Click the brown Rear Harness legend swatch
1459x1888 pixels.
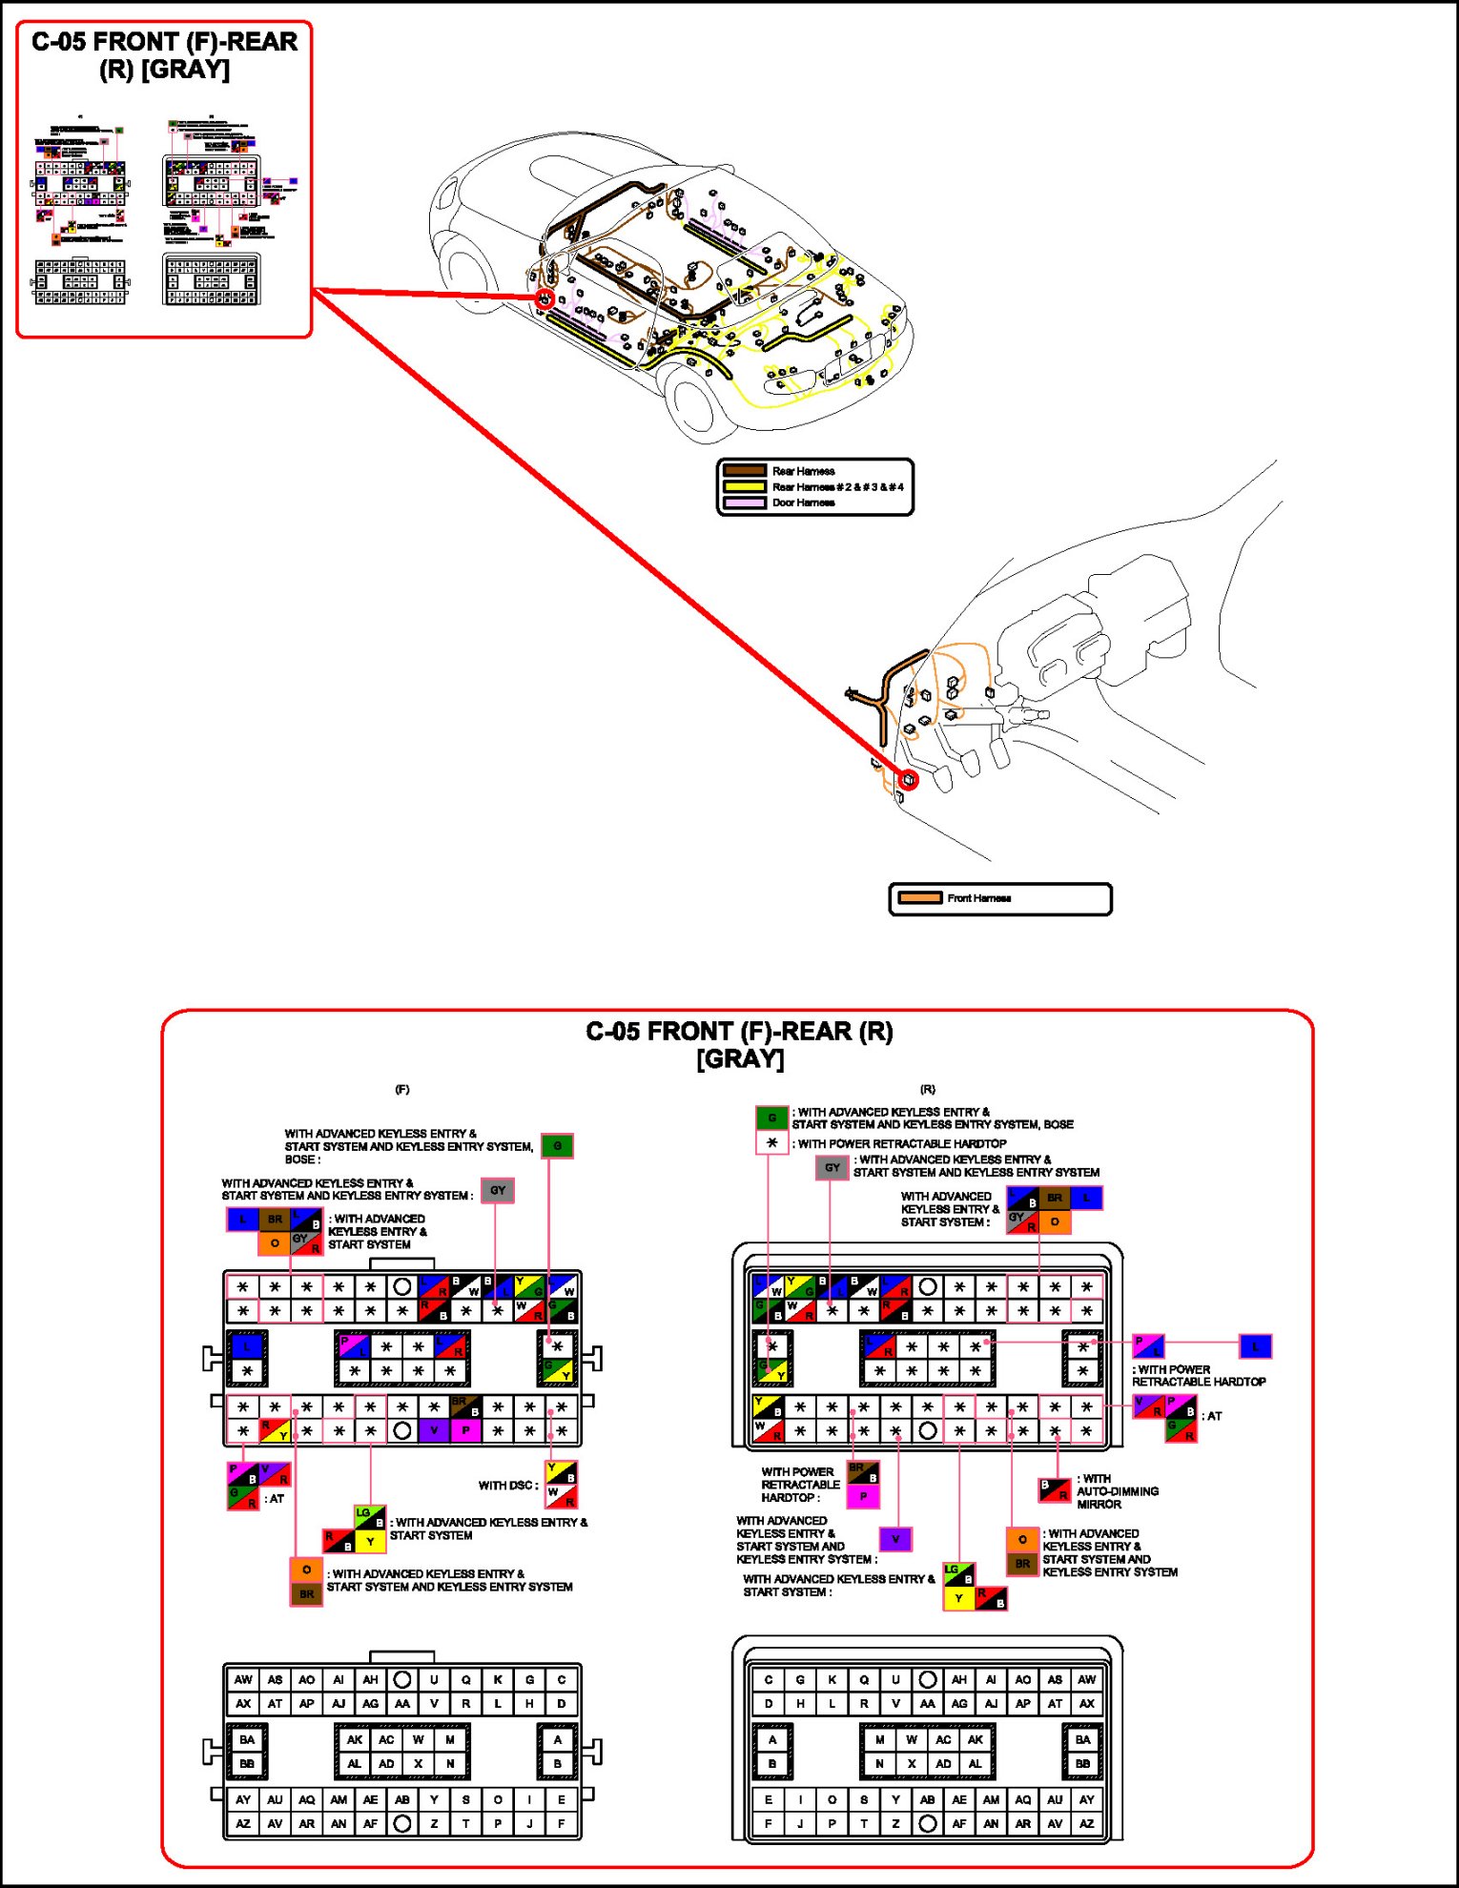(x=745, y=471)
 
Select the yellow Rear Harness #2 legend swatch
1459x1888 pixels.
(x=745, y=487)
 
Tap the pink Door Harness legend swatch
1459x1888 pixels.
(x=745, y=503)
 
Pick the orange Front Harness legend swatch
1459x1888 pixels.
(x=920, y=898)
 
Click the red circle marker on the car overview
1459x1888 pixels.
(x=545, y=299)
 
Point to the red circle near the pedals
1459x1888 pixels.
(x=909, y=780)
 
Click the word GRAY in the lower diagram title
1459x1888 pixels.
(x=740, y=1059)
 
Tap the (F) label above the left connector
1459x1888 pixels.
(x=402, y=1089)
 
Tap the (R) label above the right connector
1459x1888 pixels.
(x=928, y=1089)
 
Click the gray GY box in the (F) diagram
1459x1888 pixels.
(x=498, y=1190)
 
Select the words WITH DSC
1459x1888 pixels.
(x=506, y=1486)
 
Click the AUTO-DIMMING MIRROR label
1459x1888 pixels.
(x=1117, y=1491)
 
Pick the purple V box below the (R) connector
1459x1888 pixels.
(x=894, y=1539)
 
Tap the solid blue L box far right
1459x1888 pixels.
(x=1255, y=1346)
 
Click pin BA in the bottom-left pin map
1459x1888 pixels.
(x=247, y=1739)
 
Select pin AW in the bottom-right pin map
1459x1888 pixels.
(x=1086, y=1679)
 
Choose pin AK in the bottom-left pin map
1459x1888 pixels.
(x=355, y=1739)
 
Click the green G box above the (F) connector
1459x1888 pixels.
(x=557, y=1146)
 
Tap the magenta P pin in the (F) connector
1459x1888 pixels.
(x=466, y=1430)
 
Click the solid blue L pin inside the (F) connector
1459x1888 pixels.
(x=247, y=1347)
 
